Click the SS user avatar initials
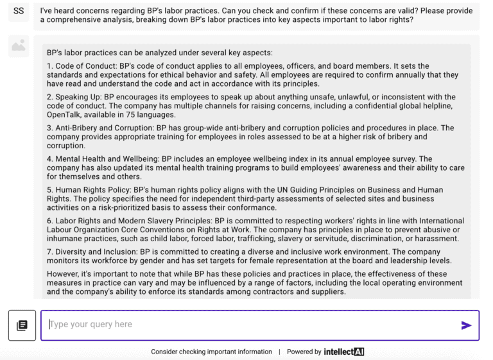(19, 12)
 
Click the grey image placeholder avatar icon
(19, 46)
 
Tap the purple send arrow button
(467, 325)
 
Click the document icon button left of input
(22, 325)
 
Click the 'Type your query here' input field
(250, 325)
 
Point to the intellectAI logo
(344, 352)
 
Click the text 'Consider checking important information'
(211, 352)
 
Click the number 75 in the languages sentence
(124, 115)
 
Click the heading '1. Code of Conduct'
(83, 66)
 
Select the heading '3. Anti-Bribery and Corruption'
(99, 128)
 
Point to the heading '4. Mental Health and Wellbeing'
(101, 159)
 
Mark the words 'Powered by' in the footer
(304, 352)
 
